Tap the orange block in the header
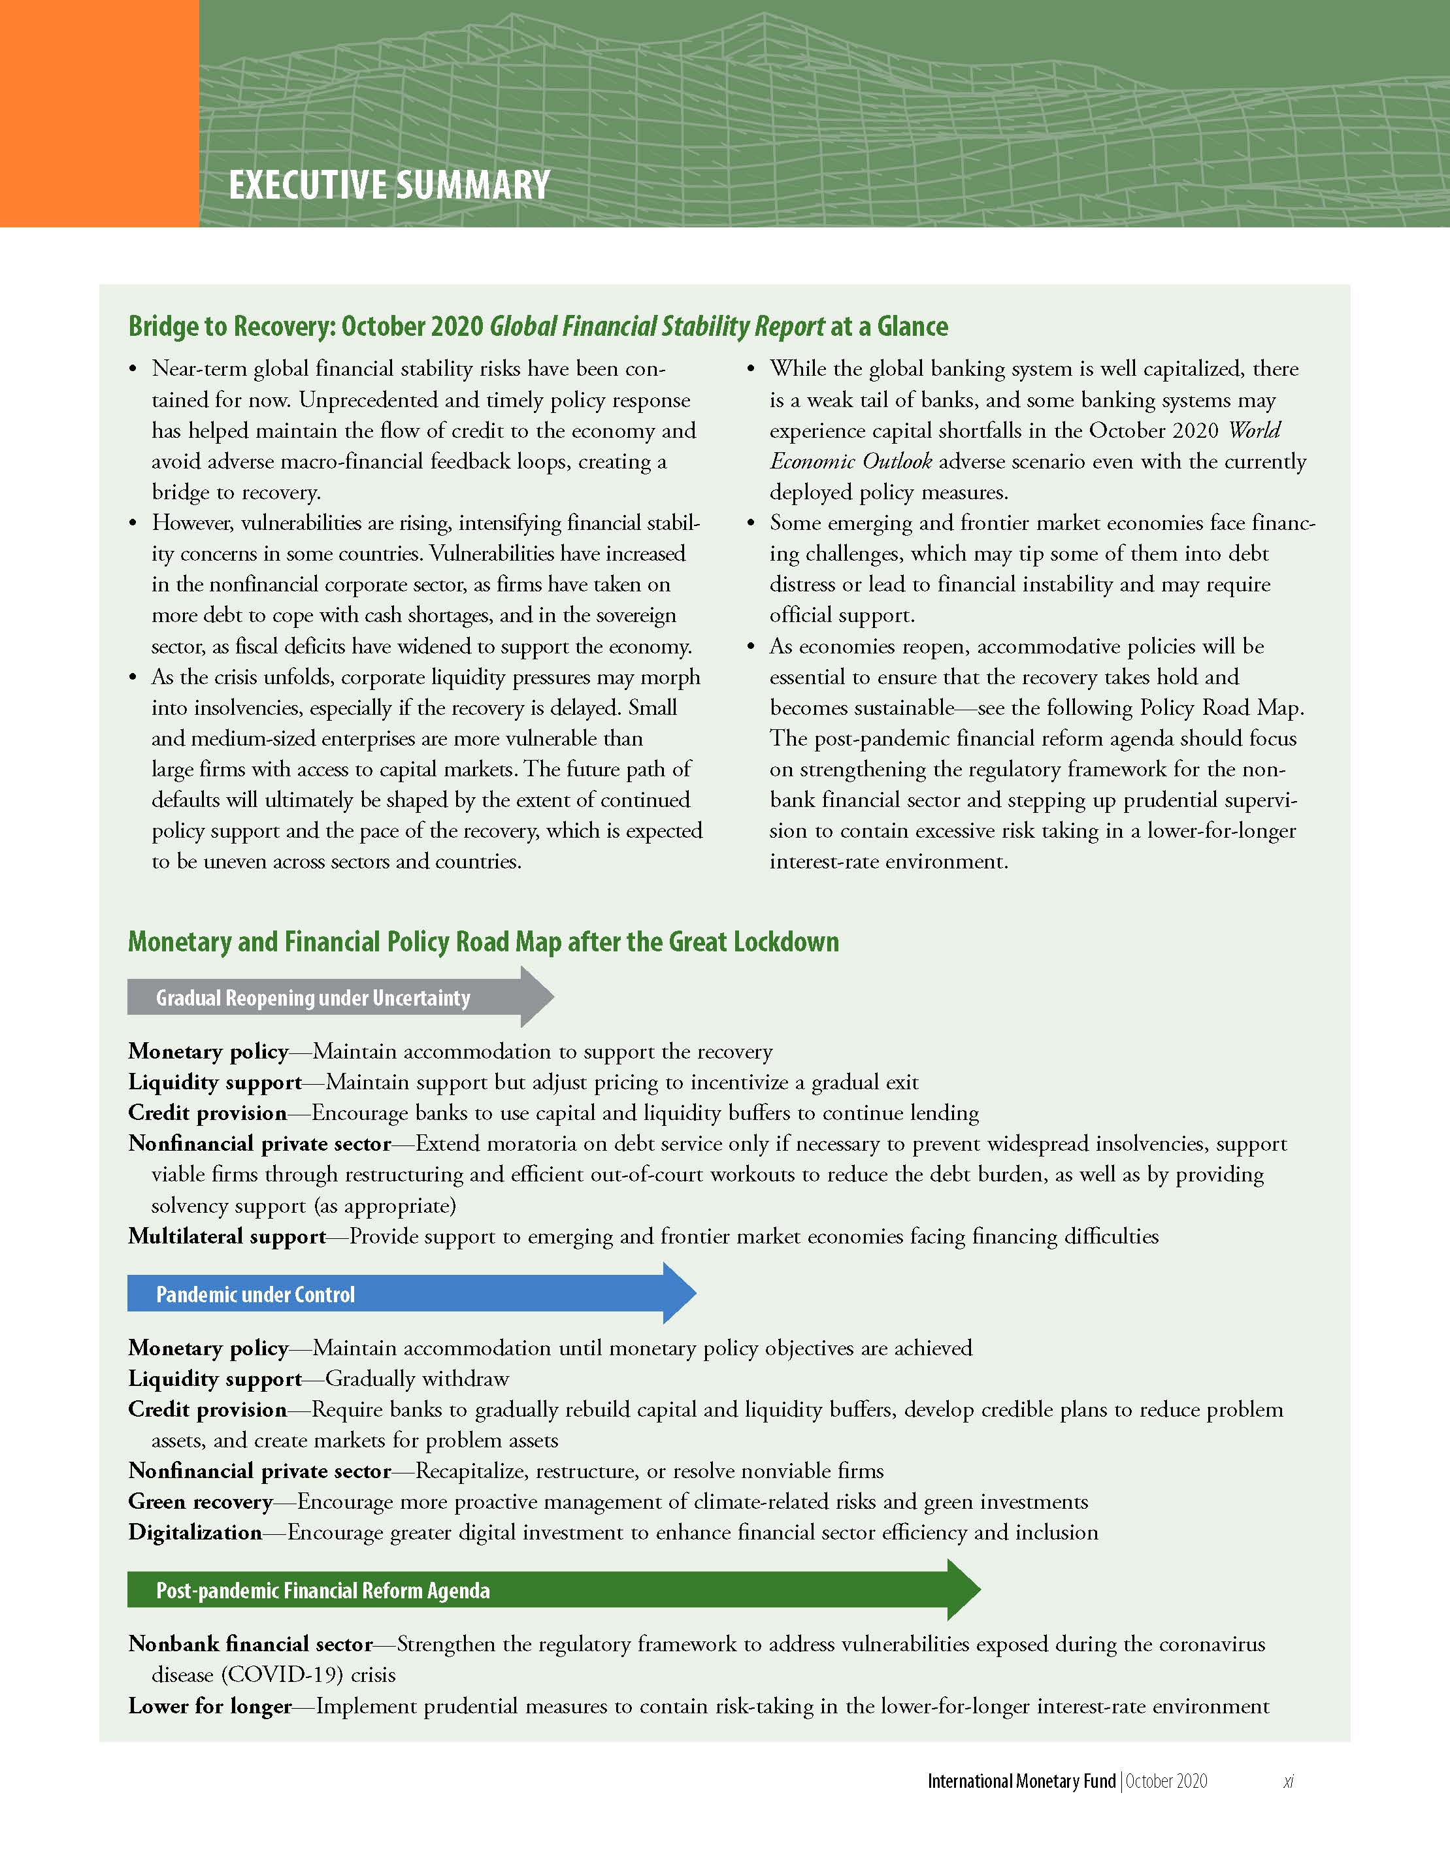coord(99,114)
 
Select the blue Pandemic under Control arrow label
coord(255,1294)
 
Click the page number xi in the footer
coord(1288,1781)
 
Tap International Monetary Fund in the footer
coord(1021,1781)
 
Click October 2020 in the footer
coord(1166,1781)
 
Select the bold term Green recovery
coord(200,1502)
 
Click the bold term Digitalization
coord(195,1532)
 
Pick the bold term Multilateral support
coord(227,1236)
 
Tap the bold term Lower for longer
coord(210,1706)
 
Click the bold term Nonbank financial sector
coord(250,1644)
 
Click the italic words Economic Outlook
coord(850,461)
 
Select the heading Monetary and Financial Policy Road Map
coord(483,942)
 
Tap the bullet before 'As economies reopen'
coord(751,647)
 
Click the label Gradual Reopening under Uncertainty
coord(313,997)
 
